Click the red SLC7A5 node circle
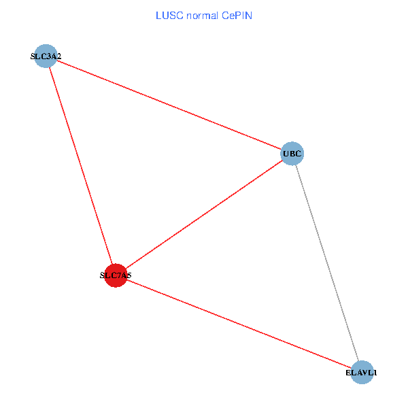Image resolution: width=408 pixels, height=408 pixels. click(116, 275)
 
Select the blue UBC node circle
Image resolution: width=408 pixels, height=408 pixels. click(292, 154)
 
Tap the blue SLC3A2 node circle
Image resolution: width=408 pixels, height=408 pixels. click(46, 56)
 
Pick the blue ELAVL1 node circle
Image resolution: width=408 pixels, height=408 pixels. click(362, 372)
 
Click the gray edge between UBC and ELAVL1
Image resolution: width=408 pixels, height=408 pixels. click(326, 262)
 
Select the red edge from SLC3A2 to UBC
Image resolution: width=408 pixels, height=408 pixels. click(169, 105)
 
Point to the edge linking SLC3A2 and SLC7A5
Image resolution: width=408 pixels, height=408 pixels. click(81, 166)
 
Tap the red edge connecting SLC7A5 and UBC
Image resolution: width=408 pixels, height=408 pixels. click(204, 215)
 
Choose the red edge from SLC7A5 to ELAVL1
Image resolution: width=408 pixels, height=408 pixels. click(239, 324)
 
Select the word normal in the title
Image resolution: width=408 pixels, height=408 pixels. click(202, 16)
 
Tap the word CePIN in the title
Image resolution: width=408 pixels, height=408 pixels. click(237, 16)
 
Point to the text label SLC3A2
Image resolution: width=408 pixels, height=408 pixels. click(46, 56)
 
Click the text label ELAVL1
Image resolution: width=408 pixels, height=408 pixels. click(361, 373)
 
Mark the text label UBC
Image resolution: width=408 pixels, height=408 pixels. click(292, 154)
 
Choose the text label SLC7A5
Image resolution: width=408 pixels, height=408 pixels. click(116, 276)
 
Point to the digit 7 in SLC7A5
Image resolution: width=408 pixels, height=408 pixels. click(119, 276)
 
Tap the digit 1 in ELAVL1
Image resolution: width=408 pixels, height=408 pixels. click(374, 373)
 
